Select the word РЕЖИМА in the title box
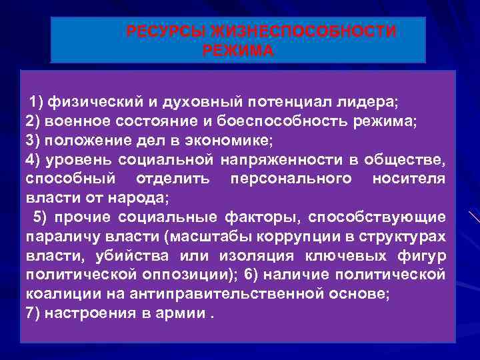238,51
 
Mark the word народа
144,198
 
